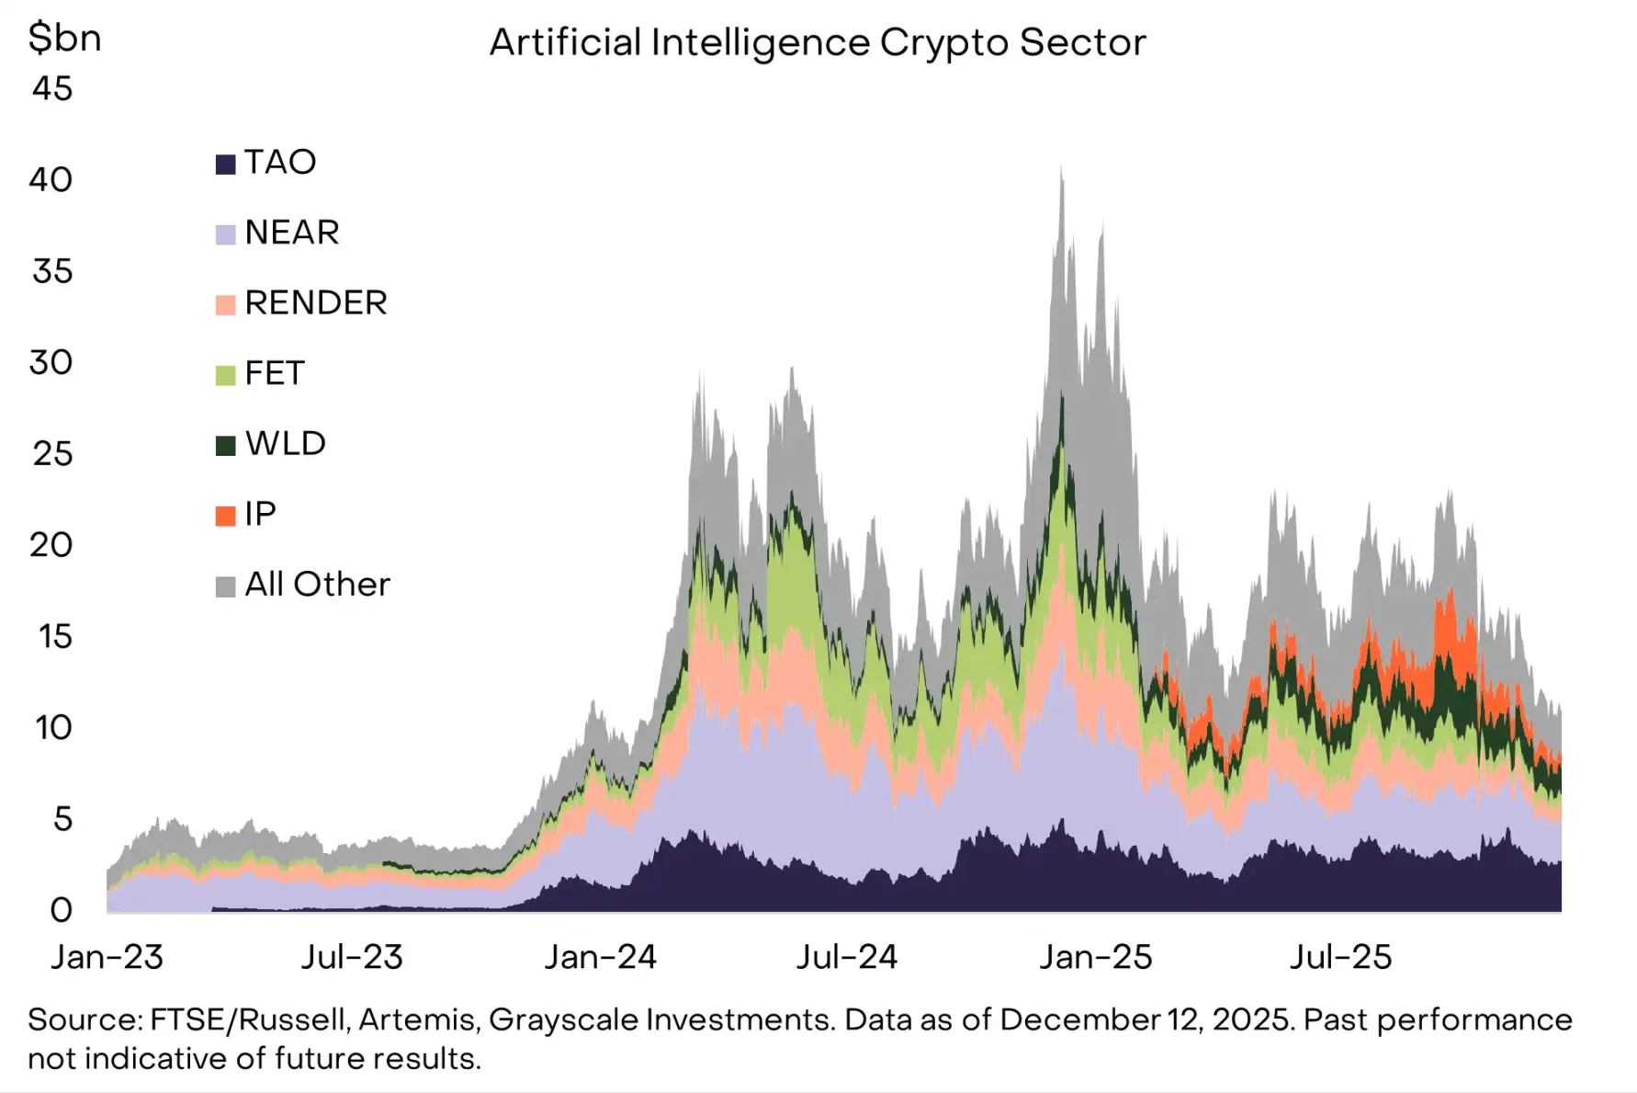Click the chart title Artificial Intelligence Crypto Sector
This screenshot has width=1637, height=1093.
pyautogui.click(x=818, y=42)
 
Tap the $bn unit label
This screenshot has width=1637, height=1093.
pyautogui.click(x=64, y=39)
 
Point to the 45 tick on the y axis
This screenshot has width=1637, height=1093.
pyautogui.click(x=52, y=89)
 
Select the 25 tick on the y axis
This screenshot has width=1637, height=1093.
pyautogui.click(x=52, y=454)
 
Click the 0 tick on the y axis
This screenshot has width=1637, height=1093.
pyautogui.click(x=61, y=910)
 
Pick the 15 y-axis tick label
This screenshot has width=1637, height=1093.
pyautogui.click(x=55, y=636)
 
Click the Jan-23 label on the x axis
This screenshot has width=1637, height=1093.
pyautogui.click(x=107, y=958)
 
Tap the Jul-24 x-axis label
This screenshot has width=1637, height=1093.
pyautogui.click(x=846, y=958)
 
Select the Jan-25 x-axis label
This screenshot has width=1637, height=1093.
pyautogui.click(x=1095, y=958)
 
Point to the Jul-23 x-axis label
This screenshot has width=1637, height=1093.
pyautogui.click(x=352, y=958)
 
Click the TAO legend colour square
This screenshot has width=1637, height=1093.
pyautogui.click(x=225, y=165)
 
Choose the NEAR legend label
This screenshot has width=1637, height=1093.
pyautogui.click(x=292, y=233)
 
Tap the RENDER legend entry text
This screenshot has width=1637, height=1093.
pyautogui.click(x=316, y=303)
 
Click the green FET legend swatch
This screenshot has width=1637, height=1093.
pyautogui.click(x=225, y=375)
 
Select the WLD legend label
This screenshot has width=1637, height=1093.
pyautogui.click(x=286, y=444)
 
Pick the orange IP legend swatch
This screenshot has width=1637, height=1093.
pyautogui.click(x=225, y=516)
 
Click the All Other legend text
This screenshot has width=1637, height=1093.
pyautogui.click(x=317, y=585)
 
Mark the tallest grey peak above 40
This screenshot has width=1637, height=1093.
pyautogui.click(x=1062, y=170)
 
